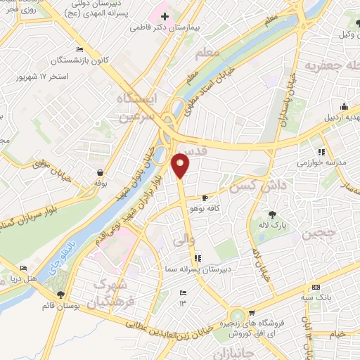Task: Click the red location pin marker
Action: point(181,165)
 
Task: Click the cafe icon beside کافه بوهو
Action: point(205,198)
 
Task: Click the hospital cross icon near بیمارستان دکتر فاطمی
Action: point(165,16)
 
